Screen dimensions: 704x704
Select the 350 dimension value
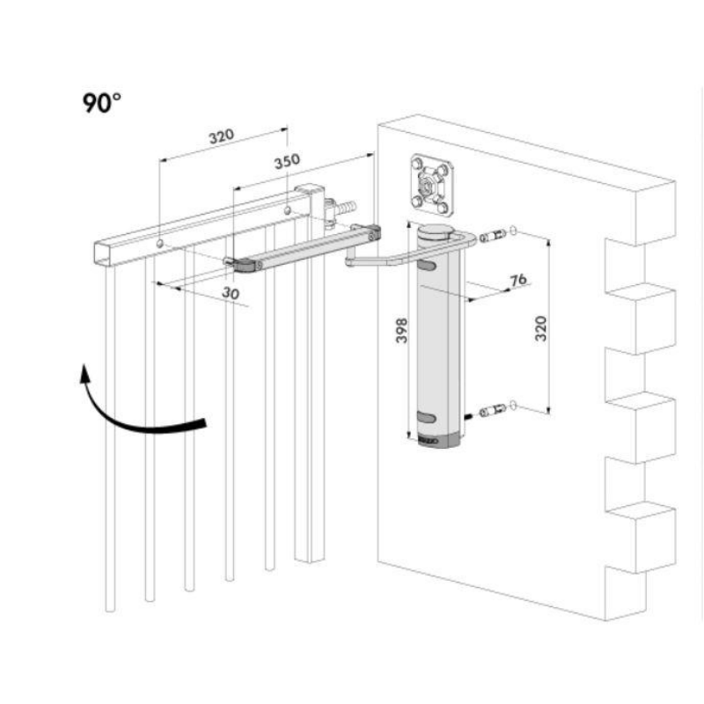click(x=287, y=161)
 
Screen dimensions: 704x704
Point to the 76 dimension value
click(x=518, y=279)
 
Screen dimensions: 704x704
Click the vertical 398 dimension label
click(x=402, y=330)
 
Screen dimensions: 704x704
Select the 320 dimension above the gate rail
click(x=221, y=136)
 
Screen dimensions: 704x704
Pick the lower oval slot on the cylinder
click(x=426, y=417)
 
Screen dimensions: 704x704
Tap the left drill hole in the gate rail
click(x=158, y=243)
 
